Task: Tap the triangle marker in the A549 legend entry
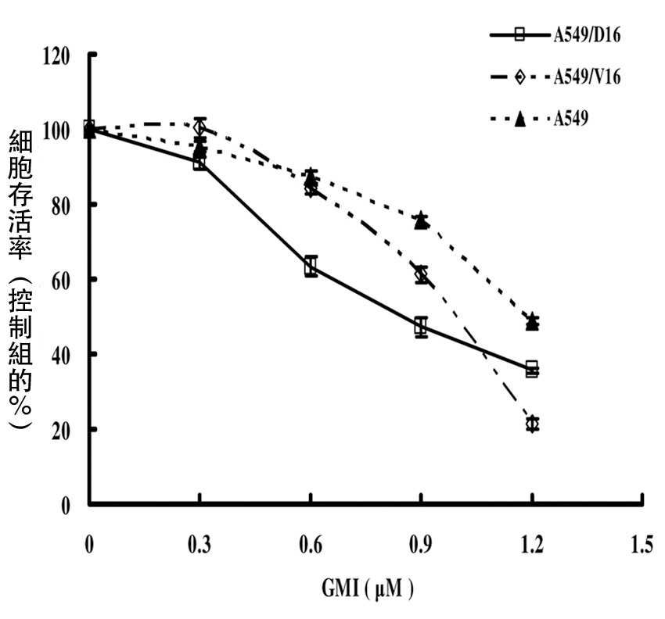(x=519, y=119)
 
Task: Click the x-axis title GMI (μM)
(x=366, y=586)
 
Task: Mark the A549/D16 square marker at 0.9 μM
(x=421, y=327)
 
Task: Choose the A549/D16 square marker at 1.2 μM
(x=532, y=369)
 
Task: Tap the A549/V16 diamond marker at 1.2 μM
(x=532, y=424)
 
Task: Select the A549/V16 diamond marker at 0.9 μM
(x=422, y=274)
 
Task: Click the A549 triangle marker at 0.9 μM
(x=421, y=220)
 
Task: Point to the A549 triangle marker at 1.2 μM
(x=532, y=321)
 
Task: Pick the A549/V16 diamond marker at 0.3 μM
(x=200, y=127)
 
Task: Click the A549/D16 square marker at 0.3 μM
(x=199, y=163)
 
